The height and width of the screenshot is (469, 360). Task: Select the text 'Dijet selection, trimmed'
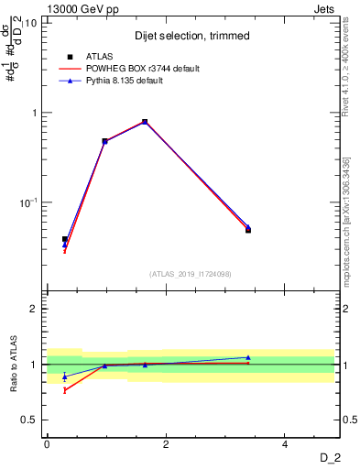[192, 35]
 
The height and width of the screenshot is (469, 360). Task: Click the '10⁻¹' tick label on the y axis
[28, 202]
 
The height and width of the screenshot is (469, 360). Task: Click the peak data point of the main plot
[145, 122]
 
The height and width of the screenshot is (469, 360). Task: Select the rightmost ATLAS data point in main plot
[248, 230]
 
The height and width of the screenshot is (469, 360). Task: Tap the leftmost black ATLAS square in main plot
[64, 239]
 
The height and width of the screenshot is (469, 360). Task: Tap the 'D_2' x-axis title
[329, 457]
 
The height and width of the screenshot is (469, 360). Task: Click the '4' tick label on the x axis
[285, 443]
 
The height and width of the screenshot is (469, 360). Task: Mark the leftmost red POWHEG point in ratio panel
[64, 390]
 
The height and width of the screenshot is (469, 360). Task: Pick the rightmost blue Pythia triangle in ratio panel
[248, 357]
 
